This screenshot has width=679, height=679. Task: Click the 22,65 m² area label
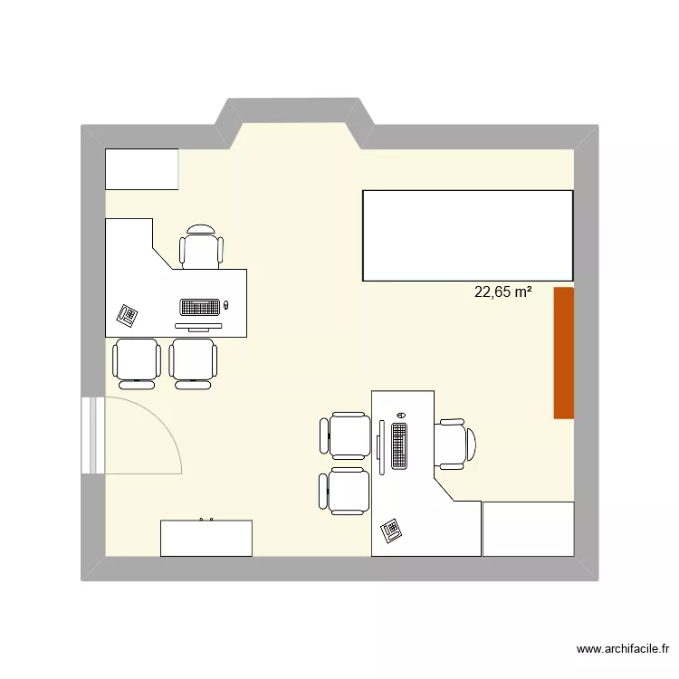[502, 292]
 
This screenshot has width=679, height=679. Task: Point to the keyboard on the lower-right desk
[399, 445]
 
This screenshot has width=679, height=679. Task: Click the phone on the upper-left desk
[128, 315]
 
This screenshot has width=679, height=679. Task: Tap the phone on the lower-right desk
[392, 530]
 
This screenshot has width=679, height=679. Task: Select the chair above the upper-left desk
[201, 247]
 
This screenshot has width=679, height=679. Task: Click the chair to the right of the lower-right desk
[453, 443]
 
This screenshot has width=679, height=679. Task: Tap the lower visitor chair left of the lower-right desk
[345, 492]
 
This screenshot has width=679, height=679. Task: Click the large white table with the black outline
[467, 234]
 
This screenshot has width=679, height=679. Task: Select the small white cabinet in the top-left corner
[142, 169]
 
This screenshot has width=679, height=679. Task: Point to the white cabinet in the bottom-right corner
[528, 528]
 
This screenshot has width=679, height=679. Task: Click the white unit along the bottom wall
[206, 538]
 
